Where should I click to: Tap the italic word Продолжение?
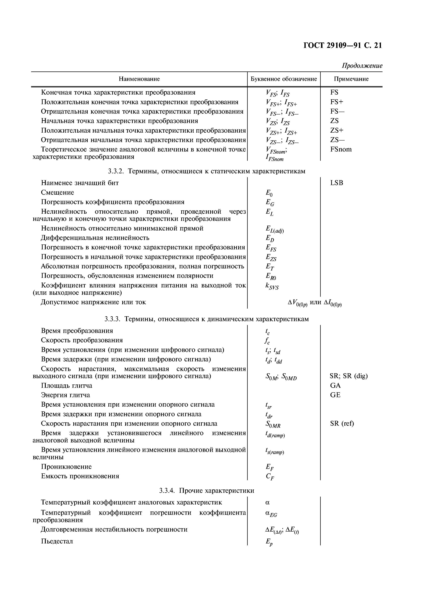(x=362, y=66)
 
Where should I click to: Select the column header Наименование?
(x=139, y=79)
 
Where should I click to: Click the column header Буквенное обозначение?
(x=284, y=79)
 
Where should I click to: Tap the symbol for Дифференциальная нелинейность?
(x=270, y=238)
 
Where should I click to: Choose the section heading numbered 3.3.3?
(x=206, y=319)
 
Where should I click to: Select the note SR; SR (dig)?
(x=348, y=376)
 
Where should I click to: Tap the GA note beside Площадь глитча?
(x=335, y=385)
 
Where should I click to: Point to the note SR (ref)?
(x=342, y=424)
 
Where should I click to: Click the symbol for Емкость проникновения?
(x=270, y=477)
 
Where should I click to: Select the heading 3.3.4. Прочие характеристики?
(x=206, y=491)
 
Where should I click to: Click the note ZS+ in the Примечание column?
(x=337, y=131)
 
